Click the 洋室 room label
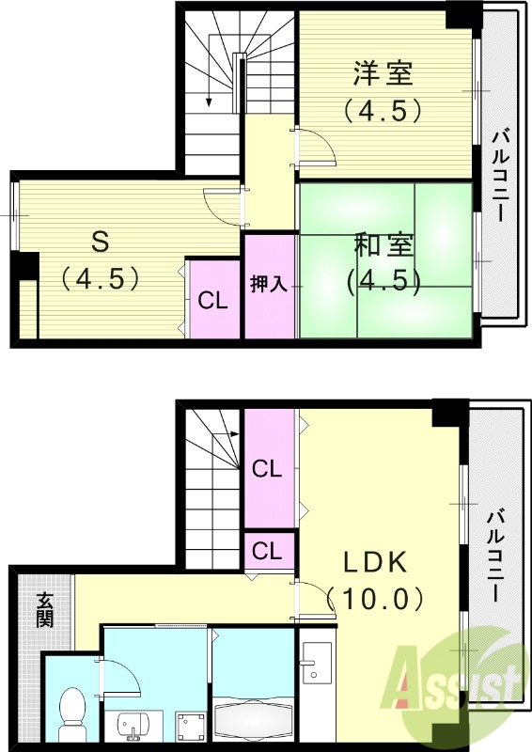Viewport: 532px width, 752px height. (383, 72)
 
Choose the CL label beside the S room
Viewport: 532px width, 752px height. (212, 301)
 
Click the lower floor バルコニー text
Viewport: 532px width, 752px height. (494, 555)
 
